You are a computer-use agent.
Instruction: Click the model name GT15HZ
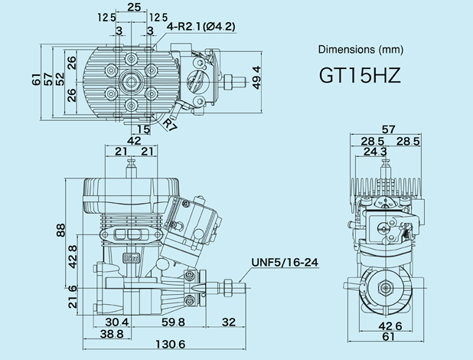tap(360, 77)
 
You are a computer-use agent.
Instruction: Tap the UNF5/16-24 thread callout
tap(284, 263)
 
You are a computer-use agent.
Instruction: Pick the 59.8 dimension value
tap(172, 322)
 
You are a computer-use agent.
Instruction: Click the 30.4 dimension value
tap(116, 322)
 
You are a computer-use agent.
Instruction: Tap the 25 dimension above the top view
tap(134, 7)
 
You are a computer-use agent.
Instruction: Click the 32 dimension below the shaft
tap(229, 322)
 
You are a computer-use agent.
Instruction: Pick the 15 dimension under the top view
tap(144, 129)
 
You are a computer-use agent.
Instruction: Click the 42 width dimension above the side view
tap(134, 141)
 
